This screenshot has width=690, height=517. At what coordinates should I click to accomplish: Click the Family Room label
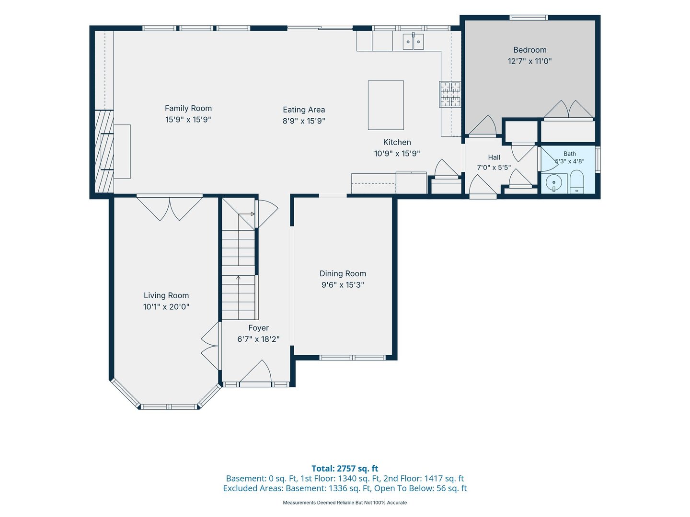188,108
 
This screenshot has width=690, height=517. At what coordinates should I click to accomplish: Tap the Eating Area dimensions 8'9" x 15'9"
304,121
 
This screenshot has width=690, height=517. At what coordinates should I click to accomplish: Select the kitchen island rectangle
386,105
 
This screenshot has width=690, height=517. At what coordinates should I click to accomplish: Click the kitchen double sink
413,42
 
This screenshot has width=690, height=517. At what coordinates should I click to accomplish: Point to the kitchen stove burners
450,94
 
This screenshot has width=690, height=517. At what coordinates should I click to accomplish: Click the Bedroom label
529,50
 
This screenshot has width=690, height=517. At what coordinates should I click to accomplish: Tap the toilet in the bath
576,182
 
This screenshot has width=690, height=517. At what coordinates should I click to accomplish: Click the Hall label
494,157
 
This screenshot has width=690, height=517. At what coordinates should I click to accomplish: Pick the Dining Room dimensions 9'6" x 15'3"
343,285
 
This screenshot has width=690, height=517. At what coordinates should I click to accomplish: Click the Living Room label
166,295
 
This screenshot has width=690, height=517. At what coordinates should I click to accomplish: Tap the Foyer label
258,328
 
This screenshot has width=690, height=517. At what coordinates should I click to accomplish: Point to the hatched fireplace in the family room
104,151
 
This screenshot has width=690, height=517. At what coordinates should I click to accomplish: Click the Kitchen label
397,142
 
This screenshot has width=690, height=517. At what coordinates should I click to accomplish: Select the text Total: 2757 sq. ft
345,469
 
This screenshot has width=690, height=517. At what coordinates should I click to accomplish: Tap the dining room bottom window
352,358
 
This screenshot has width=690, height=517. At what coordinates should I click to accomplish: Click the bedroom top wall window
529,18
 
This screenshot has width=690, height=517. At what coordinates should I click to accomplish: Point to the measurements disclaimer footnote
345,503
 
